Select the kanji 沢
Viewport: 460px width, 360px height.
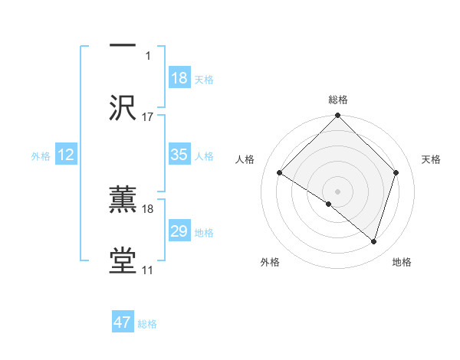[123, 106]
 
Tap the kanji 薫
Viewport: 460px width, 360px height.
[123, 200]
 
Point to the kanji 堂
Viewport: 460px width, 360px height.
[123, 260]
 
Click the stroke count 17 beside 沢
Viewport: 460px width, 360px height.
[148, 116]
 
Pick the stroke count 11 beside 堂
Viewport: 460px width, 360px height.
[148, 270]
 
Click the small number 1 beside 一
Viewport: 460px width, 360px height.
[148, 55]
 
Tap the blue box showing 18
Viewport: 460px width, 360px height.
[179, 78]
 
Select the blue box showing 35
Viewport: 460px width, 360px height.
[179, 155]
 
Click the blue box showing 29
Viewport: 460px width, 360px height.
[179, 231]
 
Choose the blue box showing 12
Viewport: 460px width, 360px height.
[65, 155]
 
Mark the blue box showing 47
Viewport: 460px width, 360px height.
[123, 322]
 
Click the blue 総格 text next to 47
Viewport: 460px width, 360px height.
[147, 324]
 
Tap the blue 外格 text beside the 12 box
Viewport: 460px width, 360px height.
[41, 156]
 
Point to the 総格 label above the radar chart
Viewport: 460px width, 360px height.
[337, 100]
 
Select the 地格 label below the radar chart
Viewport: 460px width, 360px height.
[402, 262]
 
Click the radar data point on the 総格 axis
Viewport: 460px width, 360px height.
[337, 116]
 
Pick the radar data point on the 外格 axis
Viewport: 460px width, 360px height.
[329, 204]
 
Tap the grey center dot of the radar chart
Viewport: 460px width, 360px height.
[337, 191]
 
